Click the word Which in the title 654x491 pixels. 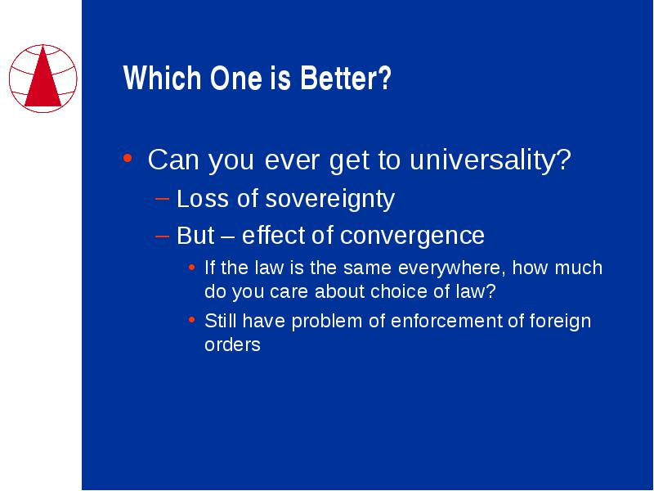pos(162,78)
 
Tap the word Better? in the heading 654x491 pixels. pos(345,78)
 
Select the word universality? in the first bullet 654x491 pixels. pos(490,160)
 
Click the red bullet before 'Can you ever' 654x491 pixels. pos(128,158)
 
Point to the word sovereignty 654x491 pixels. pos(329,199)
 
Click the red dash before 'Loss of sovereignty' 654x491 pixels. pos(162,199)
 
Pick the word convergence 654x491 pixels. pos(412,236)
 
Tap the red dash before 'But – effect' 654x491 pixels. pos(162,236)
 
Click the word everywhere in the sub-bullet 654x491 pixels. pos(452,268)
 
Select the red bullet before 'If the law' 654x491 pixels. pos(191,268)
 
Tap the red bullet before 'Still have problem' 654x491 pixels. pos(191,320)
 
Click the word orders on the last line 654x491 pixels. pos(232,345)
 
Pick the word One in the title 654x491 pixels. pos(236,78)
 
